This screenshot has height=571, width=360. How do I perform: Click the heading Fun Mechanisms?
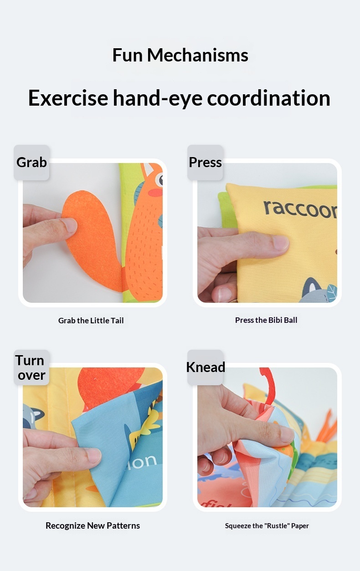tap(180, 55)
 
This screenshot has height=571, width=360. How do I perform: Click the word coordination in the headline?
tap(269, 98)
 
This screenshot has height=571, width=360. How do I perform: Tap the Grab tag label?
tap(31, 162)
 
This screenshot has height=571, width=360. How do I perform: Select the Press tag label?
tap(205, 162)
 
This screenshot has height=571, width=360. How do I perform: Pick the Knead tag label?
tap(206, 367)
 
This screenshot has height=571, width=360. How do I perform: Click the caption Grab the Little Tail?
tap(91, 321)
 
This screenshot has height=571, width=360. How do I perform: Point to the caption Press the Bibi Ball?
tap(266, 320)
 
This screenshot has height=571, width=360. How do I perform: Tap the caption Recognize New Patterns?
tap(93, 525)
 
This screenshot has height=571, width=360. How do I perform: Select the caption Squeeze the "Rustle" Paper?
tap(267, 526)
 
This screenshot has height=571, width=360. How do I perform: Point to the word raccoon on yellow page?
tap(301, 209)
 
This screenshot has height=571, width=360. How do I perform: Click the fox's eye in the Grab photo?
tap(159, 180)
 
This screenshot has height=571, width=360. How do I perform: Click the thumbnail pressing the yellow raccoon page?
tap(278, 243)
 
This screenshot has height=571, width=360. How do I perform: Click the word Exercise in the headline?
tap(68, 98)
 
